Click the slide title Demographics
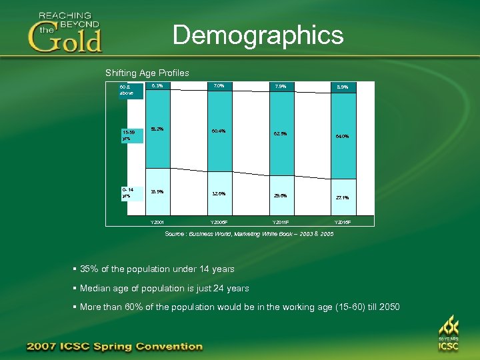[x=258, y=35]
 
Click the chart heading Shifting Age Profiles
[x=147, y=73]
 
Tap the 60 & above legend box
[x=127, y=90]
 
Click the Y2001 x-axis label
[x=157, y=221]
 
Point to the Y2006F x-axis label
[x=219, y=221]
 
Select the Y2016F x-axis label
[x=343, y=221]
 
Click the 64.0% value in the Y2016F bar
[x=343, y=136]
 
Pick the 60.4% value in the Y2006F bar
[x=219, y=131]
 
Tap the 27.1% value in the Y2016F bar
[x=343, y=197]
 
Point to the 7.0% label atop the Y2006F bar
[x=219, y=85]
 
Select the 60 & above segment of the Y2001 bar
[x=157, y=100]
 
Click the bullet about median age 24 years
[x=164, y=288]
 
